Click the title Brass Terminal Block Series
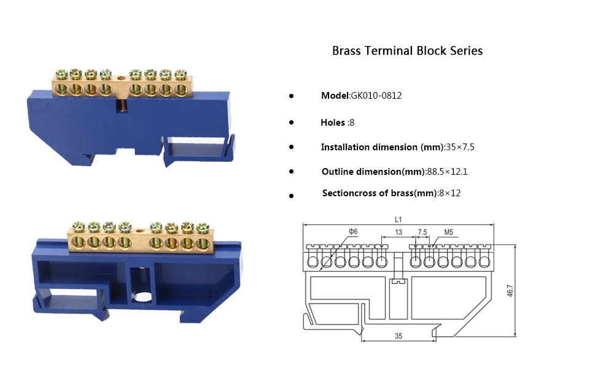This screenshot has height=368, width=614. click(x=407, y=51)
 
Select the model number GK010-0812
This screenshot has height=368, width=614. click(x=376, y=96)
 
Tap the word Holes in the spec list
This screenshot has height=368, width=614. click(x=333, y=123)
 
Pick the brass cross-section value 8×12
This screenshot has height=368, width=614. click(x=449, y=193)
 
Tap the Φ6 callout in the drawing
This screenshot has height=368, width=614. click(x=352, y=231)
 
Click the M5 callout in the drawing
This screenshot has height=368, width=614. click(x=448, y=232)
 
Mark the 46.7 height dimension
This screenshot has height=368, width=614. click(x=510, y=291)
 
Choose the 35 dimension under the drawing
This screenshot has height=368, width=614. click(x=398, y=336)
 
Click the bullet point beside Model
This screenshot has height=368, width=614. click(x=291, y=97)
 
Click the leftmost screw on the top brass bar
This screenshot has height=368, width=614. click(x=61, y=75)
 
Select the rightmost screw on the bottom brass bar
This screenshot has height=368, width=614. click(x=203, y=227)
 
